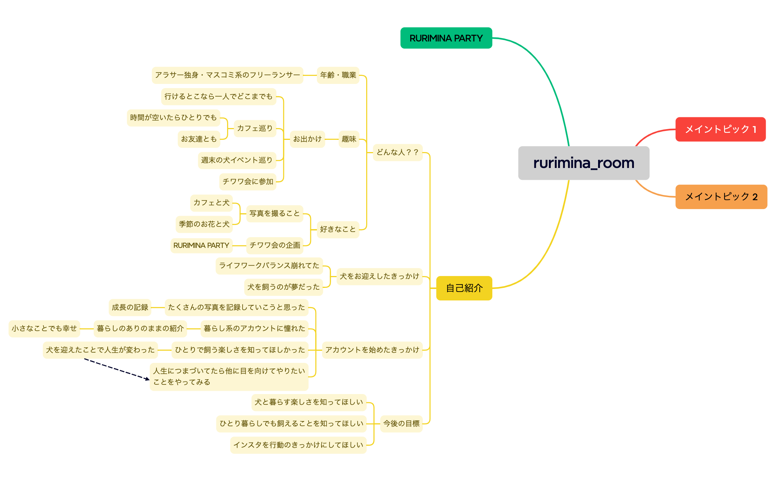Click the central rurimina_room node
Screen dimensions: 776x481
coord(584,163)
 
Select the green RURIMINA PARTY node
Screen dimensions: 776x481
coord(446,38)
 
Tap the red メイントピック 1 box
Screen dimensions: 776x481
coord(721,129)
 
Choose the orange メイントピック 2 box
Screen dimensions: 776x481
coord(721,196)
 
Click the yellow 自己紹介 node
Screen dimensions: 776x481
coord(464,288)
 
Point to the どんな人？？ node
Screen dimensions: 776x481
coord(398,152)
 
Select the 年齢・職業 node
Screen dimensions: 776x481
coord(338,75)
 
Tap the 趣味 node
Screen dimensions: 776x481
coord(349,139)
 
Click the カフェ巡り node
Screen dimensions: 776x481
coord(255,128)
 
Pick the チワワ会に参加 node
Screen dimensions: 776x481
coord(248,182)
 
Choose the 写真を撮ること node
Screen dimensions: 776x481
coord(274,213)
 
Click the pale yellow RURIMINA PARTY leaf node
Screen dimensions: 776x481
coord(201,245)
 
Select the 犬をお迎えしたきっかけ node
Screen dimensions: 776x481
coord(379,276)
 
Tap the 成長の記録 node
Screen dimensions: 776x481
coord(130,307)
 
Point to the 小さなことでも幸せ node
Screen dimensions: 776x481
coord(44,329)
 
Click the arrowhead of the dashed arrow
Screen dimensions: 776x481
coord(148,379)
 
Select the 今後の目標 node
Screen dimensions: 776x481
coord(401,424)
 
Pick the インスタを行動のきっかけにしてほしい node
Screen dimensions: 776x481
coord(298,445)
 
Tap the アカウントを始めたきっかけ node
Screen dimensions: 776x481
coord(372,350)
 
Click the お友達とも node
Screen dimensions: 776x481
coord(199,139)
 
